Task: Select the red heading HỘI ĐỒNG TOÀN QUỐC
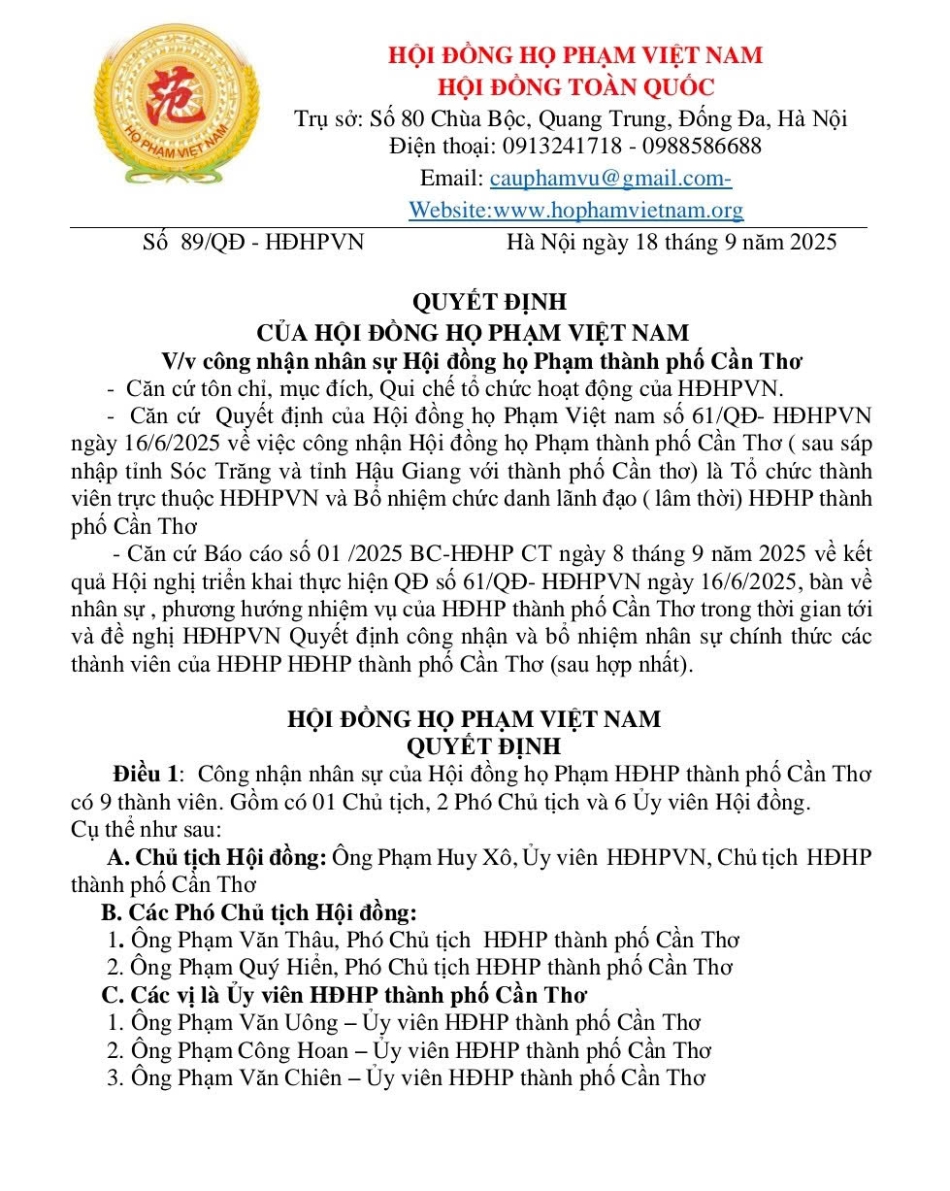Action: pos(575,87)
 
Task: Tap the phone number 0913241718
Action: pos(551,147)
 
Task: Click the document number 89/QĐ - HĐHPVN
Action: pos(272,242)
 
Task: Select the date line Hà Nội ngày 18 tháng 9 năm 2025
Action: pos(672,242)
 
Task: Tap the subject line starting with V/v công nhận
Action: pos(482,362)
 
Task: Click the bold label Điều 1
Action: pos(146,775)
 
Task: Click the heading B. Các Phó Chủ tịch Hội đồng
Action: pos(259,912)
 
